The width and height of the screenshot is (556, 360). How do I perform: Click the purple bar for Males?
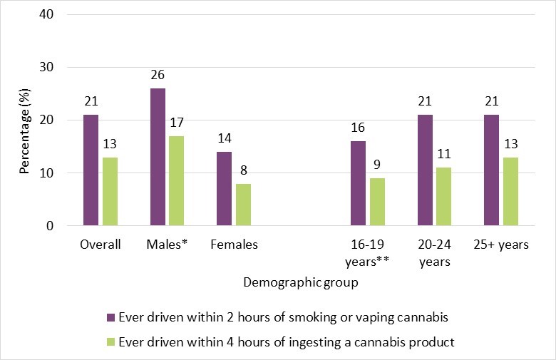pos(158,157)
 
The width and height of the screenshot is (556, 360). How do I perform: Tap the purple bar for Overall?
pos(91,170)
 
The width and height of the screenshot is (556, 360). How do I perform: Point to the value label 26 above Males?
pos(158,74)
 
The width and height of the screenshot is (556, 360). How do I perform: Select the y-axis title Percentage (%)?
pos(24,120)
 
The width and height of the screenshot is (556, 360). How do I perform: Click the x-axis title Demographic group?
pos(300,282)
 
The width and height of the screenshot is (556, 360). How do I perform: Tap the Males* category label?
pos(167,245)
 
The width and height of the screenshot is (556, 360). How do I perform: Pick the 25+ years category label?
pos(500,245)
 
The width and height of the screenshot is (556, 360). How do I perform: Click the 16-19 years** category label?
pos(368,253)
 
